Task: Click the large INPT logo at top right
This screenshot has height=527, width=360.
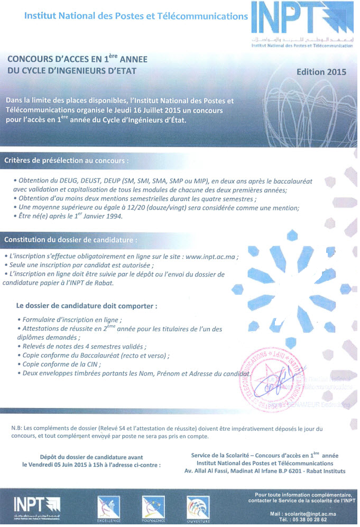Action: pos(301,21)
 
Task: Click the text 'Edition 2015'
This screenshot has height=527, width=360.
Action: pos(321,72)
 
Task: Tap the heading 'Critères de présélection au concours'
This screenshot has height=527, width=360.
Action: pos(66,160)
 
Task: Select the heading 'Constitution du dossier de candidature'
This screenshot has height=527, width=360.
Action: pos(70,240)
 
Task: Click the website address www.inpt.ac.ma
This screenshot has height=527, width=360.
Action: pos(209,257)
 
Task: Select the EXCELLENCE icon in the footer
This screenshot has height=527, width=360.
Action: pos(109,510)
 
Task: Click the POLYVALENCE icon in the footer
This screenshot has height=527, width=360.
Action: pos(153,510)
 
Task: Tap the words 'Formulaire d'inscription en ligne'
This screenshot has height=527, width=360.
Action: pos(71,320)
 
